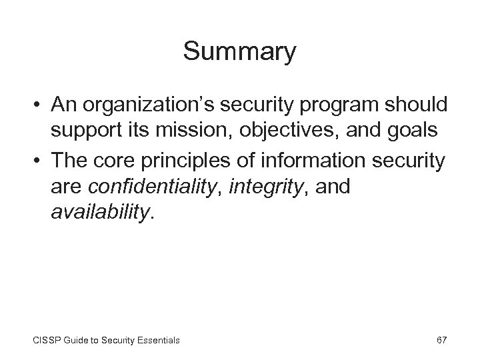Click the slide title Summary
pos(239,53)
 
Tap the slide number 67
pos(441,340)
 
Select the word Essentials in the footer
pos(156,340)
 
